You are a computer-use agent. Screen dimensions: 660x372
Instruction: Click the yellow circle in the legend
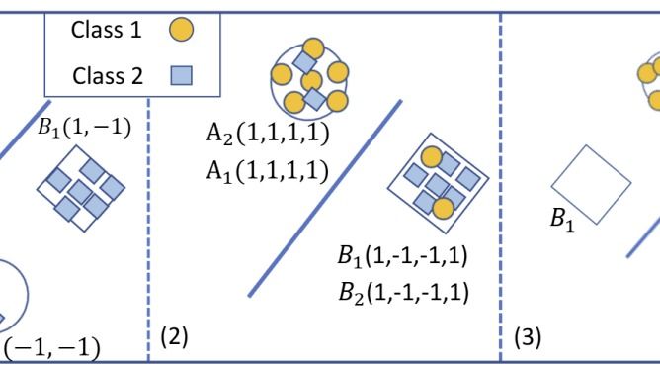[x=182, y=30]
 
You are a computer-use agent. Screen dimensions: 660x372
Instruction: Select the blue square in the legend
[x=182, y=75]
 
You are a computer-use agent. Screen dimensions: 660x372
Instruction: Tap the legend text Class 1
[x=107, y=30]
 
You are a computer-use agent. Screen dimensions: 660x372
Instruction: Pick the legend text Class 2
[x=108, y=76]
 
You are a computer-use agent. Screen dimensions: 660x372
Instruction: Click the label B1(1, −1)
[x=84, y=128]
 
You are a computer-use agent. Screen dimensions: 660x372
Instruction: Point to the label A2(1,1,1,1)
[x=268, y=134]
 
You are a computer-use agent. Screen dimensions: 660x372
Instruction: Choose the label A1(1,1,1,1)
[x=268, y=171]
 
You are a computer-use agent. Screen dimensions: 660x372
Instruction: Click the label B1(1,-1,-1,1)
[x=402, y=255]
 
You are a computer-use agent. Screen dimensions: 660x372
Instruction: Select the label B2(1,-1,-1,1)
[x=404, y=293]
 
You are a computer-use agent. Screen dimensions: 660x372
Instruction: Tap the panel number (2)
[x=174, y=336]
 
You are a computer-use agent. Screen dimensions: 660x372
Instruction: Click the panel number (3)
[x=528, y=337]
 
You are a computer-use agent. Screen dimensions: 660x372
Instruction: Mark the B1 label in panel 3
[x=562, y=220]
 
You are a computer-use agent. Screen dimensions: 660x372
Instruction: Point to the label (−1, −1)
[x=51, y=348]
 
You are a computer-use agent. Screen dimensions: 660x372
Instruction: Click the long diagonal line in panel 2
[x=325, y=199]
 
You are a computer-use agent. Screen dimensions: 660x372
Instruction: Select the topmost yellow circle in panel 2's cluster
[x=313, y=48]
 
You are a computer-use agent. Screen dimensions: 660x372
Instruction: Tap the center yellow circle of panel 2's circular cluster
[x=312, y=81]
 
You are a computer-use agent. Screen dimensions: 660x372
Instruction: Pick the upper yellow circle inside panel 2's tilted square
[x=432, y=157]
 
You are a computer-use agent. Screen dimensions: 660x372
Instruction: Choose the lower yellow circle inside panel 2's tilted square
[x=444, y=209]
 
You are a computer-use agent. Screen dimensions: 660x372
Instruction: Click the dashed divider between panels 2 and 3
[x=501, y=187]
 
